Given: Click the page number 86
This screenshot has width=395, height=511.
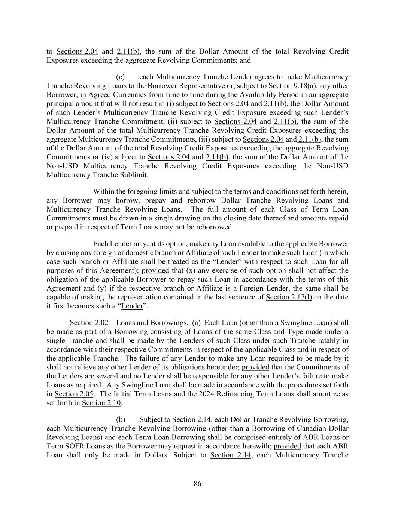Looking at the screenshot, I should coord(197,484).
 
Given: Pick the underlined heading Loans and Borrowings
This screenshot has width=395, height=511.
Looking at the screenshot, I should coord(151,323).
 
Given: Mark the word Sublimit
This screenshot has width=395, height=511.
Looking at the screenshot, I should coord(133,175).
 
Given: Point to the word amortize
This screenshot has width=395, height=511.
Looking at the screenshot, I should coord(323,394).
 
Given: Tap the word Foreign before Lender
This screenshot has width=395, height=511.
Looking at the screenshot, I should coord(280,288).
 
